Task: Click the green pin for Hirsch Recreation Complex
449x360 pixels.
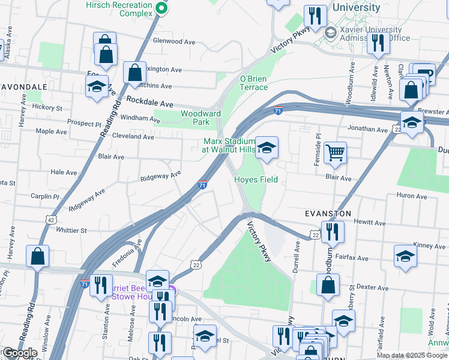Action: (161, 8)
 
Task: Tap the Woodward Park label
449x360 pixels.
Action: (200, 118)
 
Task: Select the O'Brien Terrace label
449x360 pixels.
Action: (254, 83)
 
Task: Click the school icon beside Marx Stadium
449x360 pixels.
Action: (266, 148)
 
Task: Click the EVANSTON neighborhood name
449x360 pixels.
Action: (328, 214)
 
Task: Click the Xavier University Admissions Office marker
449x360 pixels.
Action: (330, 31)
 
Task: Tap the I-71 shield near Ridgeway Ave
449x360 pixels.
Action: (203, 185)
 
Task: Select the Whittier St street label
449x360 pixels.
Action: (71, 230)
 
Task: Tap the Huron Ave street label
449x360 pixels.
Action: (411, 196)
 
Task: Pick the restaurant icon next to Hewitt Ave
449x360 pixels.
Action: (332, 230)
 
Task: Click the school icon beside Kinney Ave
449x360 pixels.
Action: (406, 256)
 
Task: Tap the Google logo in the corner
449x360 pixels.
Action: (20, 353)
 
